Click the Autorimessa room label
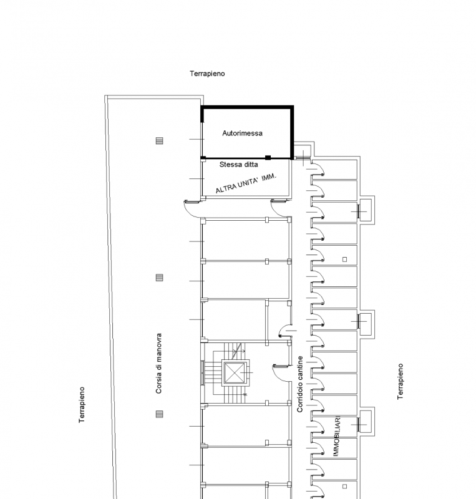pyautogui.click(x=242, y=133)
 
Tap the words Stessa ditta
pyautogui.click(x=238, y=165)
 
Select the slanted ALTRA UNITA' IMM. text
pyautogui.click(x=246, y=183)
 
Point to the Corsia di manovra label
pyautogui.click(x=159, y=363)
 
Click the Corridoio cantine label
pyautogui.click(x=299, y=384)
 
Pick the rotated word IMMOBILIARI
pyautogui.click(x=337, y=435)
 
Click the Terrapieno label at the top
pyautogui.click(x=207, y=74)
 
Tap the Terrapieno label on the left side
pyautogui.click(x=82, y=405)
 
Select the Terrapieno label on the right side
pyautogui.click(x=401, y=382)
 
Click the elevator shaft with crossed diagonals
pyautogui.click(x=235, y=372)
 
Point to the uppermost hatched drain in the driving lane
pyautogui.click(x=159, y=140)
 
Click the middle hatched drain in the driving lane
pyautogui.click(x=159, y=278)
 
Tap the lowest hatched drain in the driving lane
pyautogui.click(x=159, y=414)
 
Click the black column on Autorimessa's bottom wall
pyautogui.click(x=268, y=158)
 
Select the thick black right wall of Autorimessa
pyautogui.click(x=291, y=132)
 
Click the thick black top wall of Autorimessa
pyautogui.click(x=247, y=107)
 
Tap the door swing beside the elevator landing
pyautogui.click(x=281, y=373)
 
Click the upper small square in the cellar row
pyautogui.click(x=344, y=259)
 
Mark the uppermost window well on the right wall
pyautogui.click(x=365, y=210)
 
